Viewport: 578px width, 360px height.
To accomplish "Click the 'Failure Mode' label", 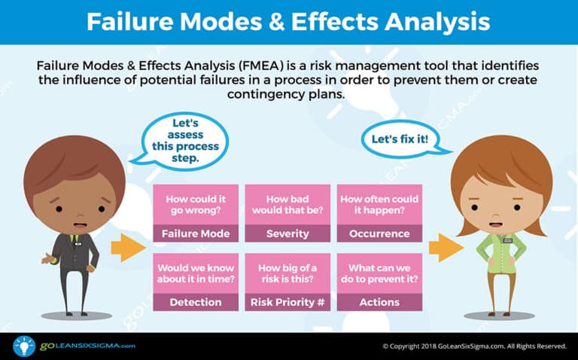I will click(196, 233).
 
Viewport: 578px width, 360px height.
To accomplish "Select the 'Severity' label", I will click(287, 233).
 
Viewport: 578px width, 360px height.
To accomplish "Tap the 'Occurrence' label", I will click(379, 233).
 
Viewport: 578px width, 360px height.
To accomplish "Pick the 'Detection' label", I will click(196, 302).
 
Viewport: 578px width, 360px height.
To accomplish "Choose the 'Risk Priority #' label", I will click(287, 302).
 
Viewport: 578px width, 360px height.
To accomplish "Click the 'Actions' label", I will click(379, 302).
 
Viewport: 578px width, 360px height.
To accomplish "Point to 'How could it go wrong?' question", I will click(196, 206).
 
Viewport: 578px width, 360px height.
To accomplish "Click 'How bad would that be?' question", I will click(287, 206).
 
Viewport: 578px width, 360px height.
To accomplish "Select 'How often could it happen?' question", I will click(379, 206).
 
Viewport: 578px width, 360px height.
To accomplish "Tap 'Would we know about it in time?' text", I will click(196, 273).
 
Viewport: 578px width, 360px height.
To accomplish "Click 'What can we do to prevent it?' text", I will click(379, 273).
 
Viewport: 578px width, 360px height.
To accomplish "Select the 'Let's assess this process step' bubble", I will click(184, 139).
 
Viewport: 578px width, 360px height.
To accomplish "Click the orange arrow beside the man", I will click(125, 248).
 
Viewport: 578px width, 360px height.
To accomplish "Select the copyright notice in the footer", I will click(474, 346).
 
